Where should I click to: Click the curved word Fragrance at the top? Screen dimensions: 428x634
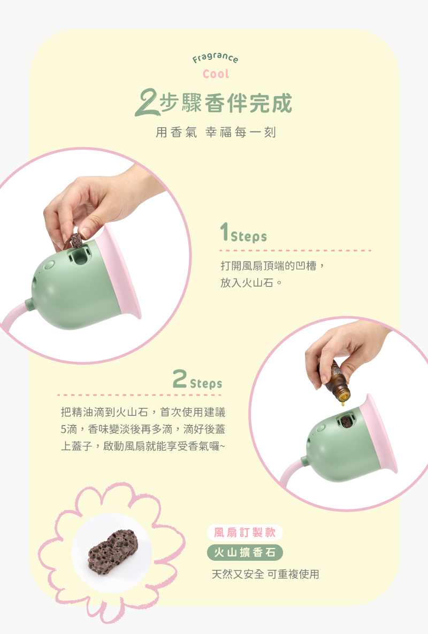(215, 58)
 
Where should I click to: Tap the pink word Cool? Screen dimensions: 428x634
(216, 74)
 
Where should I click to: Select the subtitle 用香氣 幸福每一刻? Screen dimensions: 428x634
(216, 132)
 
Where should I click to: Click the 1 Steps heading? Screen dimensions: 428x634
(243, 233)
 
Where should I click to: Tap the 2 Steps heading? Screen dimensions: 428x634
(197, 379)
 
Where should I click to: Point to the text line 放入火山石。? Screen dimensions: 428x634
(251, 283)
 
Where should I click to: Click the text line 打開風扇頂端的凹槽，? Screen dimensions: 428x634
(273, 266)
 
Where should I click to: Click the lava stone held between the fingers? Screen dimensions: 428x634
(76, 240)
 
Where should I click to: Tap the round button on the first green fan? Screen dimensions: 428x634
(49, 265)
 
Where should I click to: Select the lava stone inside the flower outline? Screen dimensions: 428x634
(113, 552)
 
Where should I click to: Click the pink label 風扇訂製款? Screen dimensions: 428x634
(244, 532)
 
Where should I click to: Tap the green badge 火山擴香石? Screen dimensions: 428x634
(244, 552)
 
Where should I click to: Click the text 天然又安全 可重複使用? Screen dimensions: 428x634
(265, 574)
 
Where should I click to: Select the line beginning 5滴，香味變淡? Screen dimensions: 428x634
(143, 429)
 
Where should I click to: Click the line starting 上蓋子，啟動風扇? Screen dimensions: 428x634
(143, 446)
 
